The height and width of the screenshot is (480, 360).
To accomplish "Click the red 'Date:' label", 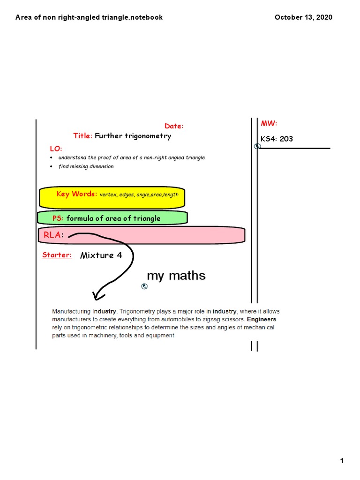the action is [174, 126].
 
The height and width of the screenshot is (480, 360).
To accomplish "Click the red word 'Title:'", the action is [83, 136].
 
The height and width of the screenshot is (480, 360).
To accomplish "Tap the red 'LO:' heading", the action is [56, 149].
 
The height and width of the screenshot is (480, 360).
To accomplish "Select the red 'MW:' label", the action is [269, 123].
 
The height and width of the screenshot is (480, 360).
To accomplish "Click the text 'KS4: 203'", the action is [277, 139].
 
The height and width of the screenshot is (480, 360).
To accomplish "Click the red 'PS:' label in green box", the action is [58, 218].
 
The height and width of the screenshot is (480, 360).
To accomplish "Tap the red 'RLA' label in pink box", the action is [52, 235].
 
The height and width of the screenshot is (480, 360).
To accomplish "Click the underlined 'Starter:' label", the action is [57, 255].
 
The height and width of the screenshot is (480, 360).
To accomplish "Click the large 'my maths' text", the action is [176, 276].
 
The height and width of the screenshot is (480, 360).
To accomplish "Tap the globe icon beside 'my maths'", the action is [144, 286].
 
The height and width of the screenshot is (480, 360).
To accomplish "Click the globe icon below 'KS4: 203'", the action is [257, 147].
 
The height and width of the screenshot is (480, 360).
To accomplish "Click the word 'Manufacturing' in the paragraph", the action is [71, 311].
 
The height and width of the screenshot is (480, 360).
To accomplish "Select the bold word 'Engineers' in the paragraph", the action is [262, 319].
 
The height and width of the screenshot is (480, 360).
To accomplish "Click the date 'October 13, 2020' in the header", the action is [303, 17].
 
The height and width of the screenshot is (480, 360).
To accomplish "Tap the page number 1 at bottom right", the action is [342, 448].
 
